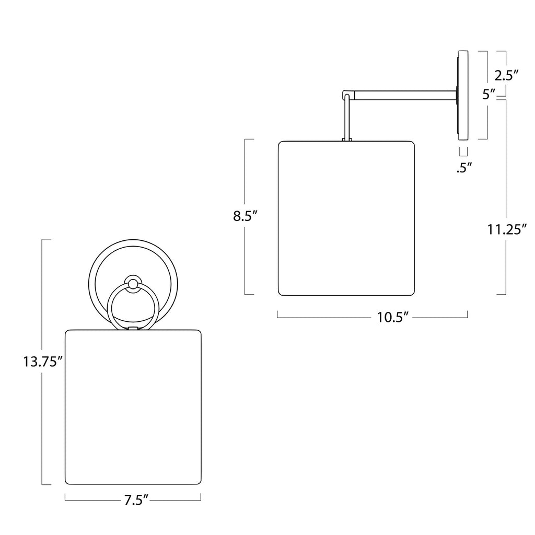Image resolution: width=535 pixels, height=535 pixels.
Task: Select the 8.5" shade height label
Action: (x=245, y=216)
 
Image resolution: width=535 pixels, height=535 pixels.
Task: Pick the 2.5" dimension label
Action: (x=506, y=75)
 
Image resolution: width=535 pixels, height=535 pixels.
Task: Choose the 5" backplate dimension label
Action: (x=489, y=94)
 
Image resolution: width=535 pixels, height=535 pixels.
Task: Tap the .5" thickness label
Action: (x=464, y=168)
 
